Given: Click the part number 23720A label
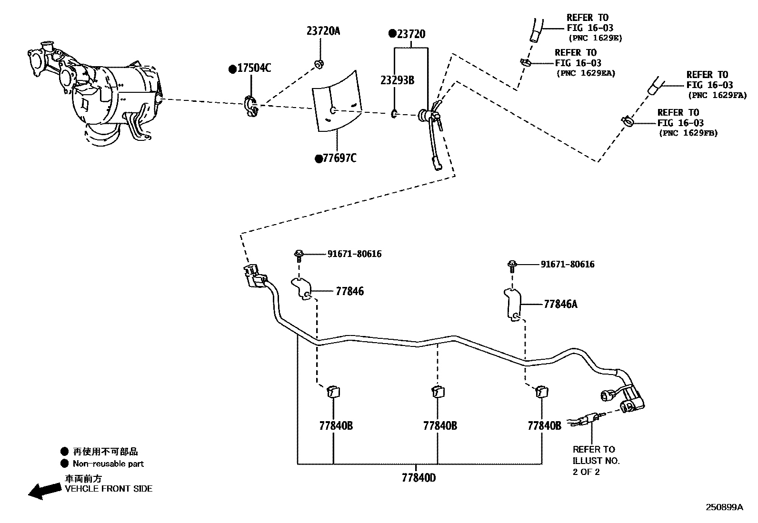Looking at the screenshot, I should [x=323, y=31].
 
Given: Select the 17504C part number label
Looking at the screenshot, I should [x=253, y=69].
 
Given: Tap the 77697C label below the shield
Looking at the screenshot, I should [x=339, y=158].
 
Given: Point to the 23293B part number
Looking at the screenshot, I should [x=397, y=80].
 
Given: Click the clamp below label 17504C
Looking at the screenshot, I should [x=251, y=106].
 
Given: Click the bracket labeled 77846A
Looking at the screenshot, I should [x=512, y=305].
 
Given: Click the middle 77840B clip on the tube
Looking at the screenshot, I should [x=437, y=392].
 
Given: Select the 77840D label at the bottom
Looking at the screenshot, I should [x=418, y=477].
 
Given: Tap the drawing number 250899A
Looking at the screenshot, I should [x=724, y=507].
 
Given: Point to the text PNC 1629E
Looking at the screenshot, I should [x=595, y=38].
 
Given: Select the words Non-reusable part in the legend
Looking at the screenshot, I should [x=108, y=464].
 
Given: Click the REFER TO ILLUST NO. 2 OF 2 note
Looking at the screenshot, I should [x=596, y=460].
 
